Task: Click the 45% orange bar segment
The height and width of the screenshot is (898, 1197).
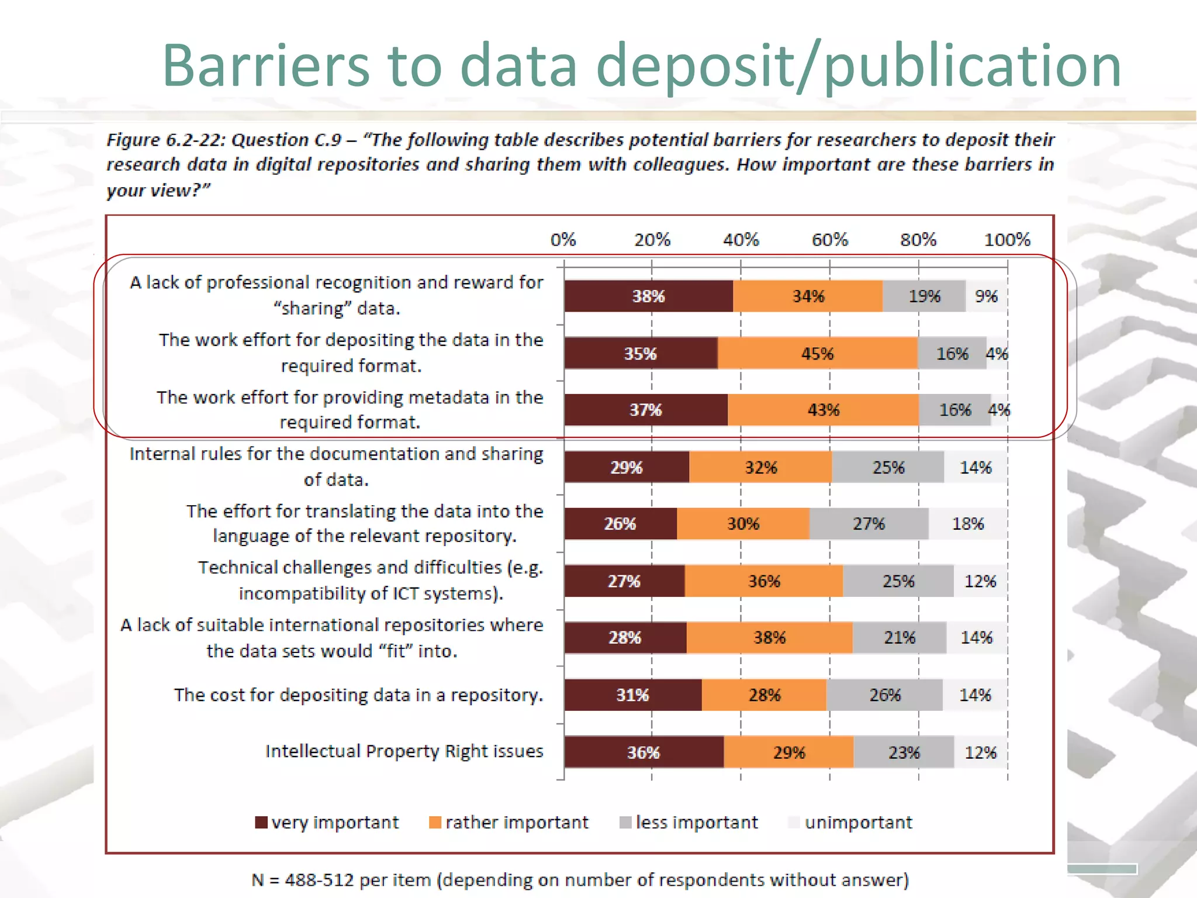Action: coord(817,354)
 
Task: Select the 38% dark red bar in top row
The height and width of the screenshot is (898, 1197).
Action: coord(648,296)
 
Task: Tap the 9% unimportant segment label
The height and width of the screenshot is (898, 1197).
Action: coord(986,296)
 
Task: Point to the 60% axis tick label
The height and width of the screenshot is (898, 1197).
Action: coord(829,240)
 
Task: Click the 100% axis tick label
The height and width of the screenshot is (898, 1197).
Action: coord(1006,240)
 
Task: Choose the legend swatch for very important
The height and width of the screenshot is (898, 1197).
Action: coord(261,823)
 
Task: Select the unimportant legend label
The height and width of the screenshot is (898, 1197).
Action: coord(858,823)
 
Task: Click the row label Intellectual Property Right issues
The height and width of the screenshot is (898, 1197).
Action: coord(404,751)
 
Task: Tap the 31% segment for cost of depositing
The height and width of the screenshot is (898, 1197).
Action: coord(632,695)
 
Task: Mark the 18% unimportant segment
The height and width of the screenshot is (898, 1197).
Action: coord(968,524)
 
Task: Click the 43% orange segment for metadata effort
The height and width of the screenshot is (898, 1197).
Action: coord(823,410)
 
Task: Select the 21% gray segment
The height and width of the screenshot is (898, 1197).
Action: coord(899,638)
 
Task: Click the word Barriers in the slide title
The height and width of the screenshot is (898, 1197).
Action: coord(266,65)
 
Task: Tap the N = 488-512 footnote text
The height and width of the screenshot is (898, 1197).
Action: coord(580,880)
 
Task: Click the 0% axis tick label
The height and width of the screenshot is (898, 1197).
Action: coord(563,240)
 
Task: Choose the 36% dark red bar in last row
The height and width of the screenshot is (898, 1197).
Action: coord(643,752)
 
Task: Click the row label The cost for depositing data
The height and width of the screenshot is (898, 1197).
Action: coord(358,695)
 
